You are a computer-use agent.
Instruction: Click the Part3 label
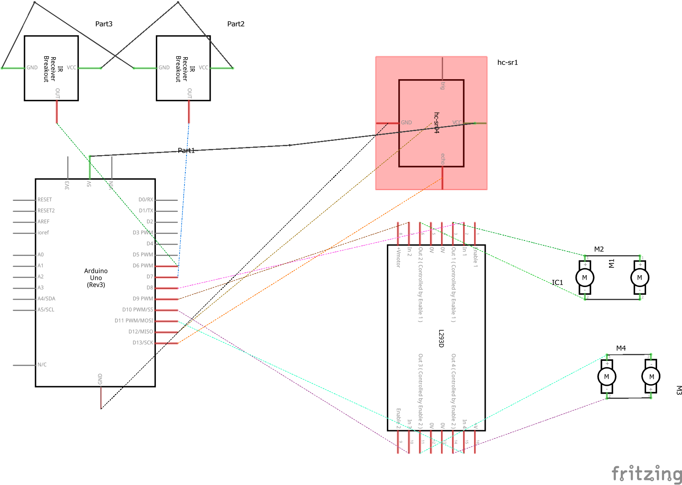104,24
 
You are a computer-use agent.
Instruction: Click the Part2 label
235,24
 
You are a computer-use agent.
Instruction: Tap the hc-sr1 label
507,62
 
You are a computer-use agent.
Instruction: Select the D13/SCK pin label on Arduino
142,343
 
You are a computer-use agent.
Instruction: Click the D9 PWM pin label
142,298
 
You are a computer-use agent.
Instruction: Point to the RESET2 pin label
46,211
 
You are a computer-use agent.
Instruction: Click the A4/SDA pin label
46,298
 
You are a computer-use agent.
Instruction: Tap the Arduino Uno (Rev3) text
96,278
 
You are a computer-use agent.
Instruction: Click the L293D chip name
441,338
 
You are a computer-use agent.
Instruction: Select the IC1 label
557,283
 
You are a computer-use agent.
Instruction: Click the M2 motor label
599,249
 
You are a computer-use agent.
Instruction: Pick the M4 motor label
621,348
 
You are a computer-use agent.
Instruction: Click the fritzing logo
646,474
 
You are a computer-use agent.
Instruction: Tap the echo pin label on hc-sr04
443,159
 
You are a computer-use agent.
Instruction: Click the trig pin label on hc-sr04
443,85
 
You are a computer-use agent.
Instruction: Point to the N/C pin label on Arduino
42,365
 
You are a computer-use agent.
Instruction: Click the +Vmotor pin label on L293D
398,257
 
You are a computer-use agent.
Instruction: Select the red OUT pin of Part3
57,111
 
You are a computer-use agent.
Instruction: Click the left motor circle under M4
606,376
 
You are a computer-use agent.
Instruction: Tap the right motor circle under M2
640,278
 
